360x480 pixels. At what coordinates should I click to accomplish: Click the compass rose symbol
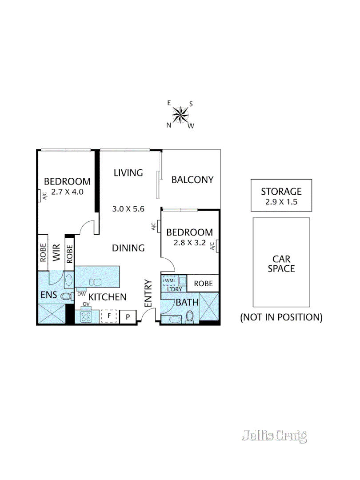pos(180,115)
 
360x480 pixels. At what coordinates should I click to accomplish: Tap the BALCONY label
pos(192,180)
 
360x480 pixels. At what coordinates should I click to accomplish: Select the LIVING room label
pos(128,172)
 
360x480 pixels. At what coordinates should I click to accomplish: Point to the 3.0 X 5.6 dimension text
pos(128,208)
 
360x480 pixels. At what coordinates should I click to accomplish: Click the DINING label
pos(128,248)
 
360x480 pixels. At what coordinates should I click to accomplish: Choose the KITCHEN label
pos(108,297)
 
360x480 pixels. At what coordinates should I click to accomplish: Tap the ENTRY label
pos(148,292)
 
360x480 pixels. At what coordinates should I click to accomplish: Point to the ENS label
pos(48,295)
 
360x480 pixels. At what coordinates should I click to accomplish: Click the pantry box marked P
pos(128,317)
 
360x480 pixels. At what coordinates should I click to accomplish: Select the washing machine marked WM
pos(170,281)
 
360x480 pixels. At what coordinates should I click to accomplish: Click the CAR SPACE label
pos(281,264)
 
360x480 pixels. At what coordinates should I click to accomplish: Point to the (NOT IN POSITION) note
pos(281,317)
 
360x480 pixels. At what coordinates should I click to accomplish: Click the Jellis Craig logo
pos(274,436)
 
